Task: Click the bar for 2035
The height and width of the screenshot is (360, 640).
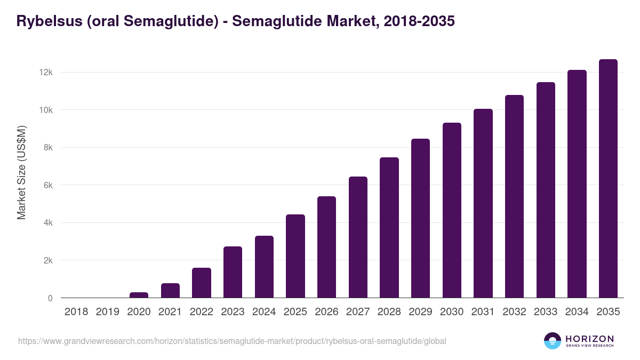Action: (608, 179)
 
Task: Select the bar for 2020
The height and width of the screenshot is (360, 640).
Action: (139, 295)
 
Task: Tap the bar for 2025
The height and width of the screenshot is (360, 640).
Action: (295, 256)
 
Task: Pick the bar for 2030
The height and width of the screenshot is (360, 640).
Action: (452, 210)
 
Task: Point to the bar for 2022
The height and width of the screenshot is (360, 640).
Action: (201, 283)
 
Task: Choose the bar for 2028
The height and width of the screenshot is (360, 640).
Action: (389, 228)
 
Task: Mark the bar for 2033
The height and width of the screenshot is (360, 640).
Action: (546, 190)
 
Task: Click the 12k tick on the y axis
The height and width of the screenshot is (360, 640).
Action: (45, 72)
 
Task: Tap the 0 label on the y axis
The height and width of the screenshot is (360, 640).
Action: (50, 298)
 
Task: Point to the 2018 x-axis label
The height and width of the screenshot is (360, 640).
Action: (76, 312)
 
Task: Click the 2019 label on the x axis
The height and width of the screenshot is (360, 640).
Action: (107, 312)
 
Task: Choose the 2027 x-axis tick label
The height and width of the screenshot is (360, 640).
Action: (358, 312)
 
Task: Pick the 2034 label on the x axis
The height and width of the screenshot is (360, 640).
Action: (577, 312)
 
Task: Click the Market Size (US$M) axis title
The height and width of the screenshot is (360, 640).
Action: (21, 172)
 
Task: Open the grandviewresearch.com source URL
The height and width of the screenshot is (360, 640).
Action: (232, 341)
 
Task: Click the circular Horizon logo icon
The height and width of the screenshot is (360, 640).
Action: (553, 341)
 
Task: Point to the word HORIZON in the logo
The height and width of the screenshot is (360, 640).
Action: (589, 339)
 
